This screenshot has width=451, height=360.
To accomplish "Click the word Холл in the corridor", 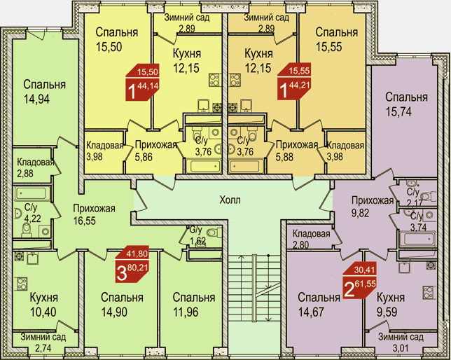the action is pyautogui.click(x=230, y=200).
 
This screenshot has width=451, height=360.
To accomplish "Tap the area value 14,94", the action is pyautogui.click(x=36, y=99).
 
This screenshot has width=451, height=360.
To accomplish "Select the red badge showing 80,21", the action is pyautogui.click(x=132, y=264).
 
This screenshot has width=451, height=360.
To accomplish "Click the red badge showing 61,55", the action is pyautogui.click(x=359, y=282).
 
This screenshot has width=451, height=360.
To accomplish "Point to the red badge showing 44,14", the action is pyautogui.click(x=142, y=83).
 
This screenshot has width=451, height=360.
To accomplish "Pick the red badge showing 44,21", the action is pyautogui.click(x=293, y=81).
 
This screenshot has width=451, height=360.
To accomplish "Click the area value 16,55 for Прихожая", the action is pyautogui.click(x=84, y=221).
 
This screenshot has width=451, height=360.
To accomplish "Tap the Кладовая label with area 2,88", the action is pyautogui.click(x=36, y=162).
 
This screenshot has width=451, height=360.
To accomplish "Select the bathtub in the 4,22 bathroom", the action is pyautogui.click(x=32, y=193).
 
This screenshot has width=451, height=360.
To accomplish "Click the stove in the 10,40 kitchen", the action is pyautogui.click(x=22, y=284).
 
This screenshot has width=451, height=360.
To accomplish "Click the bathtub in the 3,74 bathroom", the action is pyautogui.click(x=418, y=239).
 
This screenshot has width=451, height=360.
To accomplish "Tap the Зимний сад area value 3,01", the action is pyautogui.click(x=401, y=349).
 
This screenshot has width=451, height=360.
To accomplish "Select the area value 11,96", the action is pyautogui.click(x=186, y=312).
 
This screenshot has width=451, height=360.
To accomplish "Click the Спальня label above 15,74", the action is pyautogui.click(x=406, y=97).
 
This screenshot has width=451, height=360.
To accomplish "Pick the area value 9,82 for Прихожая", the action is pyautogui.click(x=360, y=213).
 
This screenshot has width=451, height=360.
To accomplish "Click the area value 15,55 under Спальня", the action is pyautogui.click(x=329, y=47).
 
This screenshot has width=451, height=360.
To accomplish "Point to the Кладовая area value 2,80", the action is pyautogui.click(x=301, y=245).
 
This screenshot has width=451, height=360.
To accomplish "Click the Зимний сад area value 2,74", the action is pyautogui.click(x=43, y=348).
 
